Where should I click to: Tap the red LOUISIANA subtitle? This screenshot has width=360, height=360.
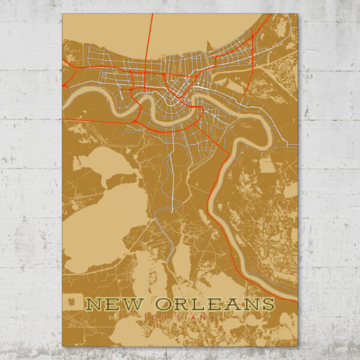pyautogui.click(x=180, y=316)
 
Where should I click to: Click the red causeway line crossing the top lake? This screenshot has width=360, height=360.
pyautogui.click(x=149, y=36)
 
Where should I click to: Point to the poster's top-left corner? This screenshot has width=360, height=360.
pyautogui.click(x=62, y=14)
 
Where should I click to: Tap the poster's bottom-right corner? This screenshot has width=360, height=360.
pyautogui.click(x=298, y=346)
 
